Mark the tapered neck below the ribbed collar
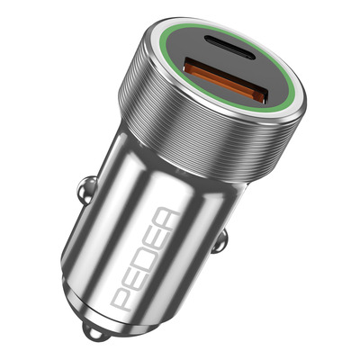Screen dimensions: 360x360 180,180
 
